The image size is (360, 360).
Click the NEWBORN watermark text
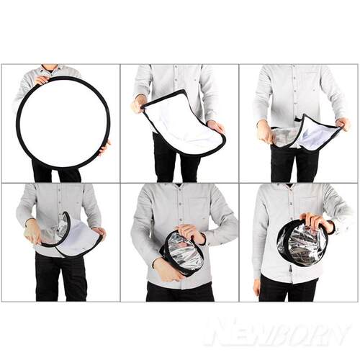pyautogui.click(x=278, y=332)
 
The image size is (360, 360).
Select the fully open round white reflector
pyautogui.click(x=63, y=123)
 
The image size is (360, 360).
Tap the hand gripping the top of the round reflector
pyautogui.click(x=42, y=80)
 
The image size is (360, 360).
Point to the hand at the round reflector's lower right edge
pyautogui.click(x=105, y=148)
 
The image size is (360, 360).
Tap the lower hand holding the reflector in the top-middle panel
pyautogui.click(x=215, y=126)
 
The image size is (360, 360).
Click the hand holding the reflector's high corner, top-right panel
pyautogui.click(x=343, y=124)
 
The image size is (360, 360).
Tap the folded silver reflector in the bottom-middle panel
pyautogui.click(x=182, y=253)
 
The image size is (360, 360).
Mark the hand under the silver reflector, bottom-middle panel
pyautogui.click(x=166, y=269)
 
